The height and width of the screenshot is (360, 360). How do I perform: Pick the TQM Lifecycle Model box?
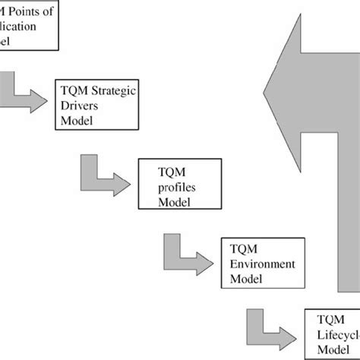(332, 333)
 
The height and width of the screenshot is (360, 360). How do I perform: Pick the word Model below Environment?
(248, 278)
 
